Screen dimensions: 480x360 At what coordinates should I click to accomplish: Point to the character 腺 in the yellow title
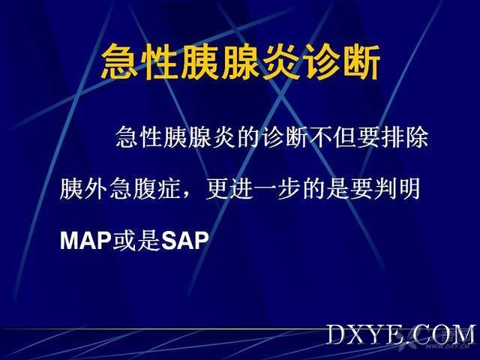pos(241,61)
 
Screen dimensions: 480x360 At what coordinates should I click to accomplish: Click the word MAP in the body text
pos(85,240)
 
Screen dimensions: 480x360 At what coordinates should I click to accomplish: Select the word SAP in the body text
pos(185,240)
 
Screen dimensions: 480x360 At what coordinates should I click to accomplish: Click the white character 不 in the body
pos(321,136)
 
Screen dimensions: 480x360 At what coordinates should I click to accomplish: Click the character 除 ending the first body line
pos(417,136)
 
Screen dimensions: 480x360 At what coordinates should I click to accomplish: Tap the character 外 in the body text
pos(95,188)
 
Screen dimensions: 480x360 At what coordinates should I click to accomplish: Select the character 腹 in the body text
pos(143,188)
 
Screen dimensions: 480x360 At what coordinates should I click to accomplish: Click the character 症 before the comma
pos(167,188)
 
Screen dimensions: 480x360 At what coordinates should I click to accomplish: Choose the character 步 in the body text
pos(289,188)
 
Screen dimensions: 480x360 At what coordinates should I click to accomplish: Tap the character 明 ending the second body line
pos(409,188)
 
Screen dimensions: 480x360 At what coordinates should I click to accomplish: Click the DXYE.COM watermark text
pos(401,334)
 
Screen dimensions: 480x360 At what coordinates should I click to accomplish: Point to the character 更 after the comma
pos(217,188)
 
